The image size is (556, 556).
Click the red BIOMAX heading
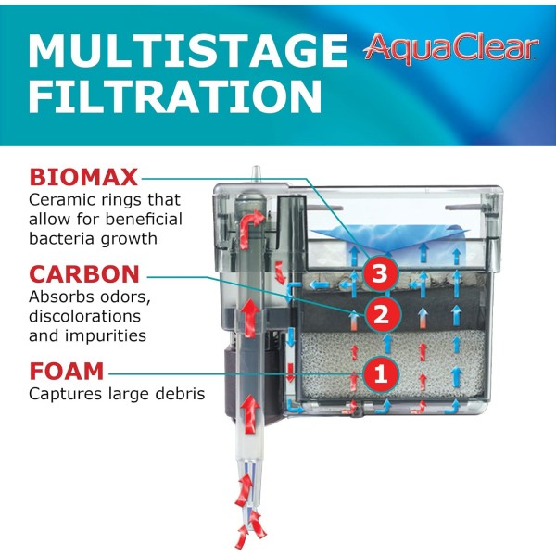click(83, 177)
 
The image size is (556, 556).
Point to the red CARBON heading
click(84, 274)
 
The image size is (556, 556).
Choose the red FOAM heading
click(67, 372)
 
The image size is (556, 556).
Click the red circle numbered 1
click(378, 374)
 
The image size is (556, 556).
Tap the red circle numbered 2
click(378, 315)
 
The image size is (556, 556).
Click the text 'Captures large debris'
click(117, 395)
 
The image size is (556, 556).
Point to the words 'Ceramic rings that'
click(105, 200)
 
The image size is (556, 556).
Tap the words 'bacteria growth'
click(93, 238)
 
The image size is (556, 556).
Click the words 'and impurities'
click(89, 335)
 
